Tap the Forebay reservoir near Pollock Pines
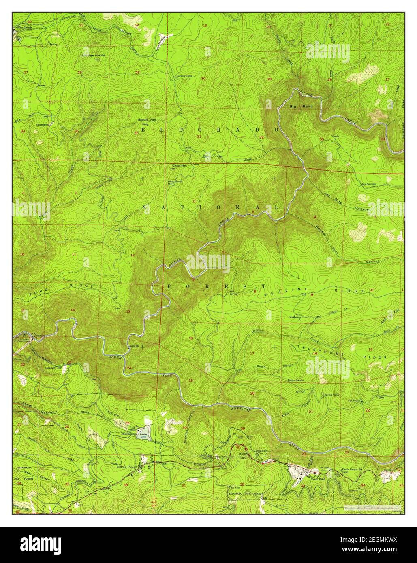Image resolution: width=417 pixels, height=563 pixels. [x=145, y=434]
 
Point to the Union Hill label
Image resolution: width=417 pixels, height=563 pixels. [x=242, y=456]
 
